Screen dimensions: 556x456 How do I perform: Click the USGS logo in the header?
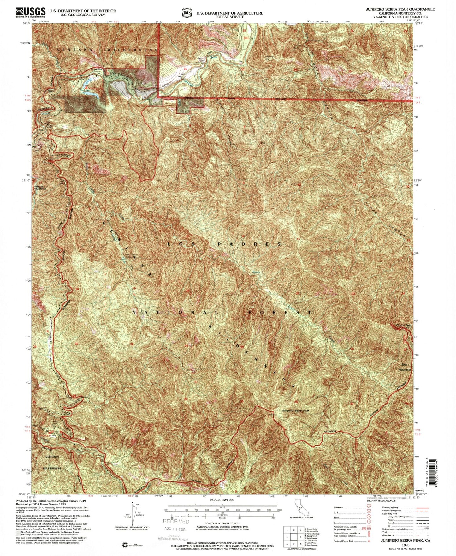[x=30, y=12]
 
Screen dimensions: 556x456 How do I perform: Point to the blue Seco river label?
[x=214, y=58]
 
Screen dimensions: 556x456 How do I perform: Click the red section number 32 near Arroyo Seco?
[x=186, y=69]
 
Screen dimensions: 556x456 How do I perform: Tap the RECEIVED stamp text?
[x=176, y=521]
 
